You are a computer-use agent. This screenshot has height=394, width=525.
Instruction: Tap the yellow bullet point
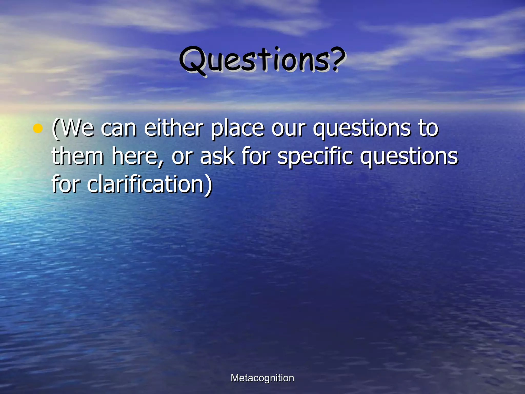[x=37, y=128]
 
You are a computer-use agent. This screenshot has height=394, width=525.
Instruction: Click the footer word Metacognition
[x=262, y=378]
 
